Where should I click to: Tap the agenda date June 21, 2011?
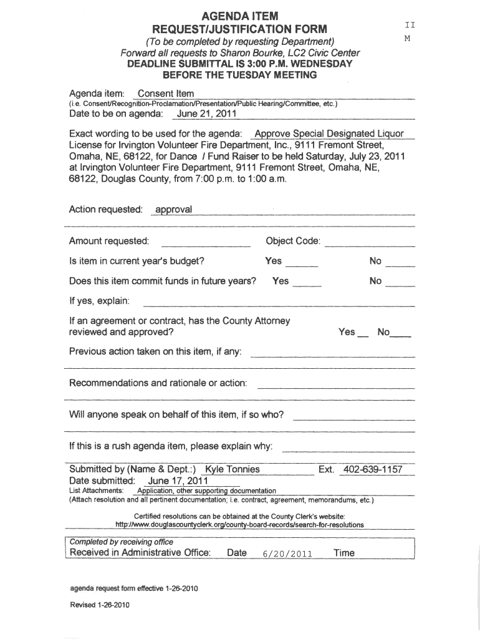click(x=206, y=114)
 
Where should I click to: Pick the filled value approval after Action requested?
click(x=173, y=210)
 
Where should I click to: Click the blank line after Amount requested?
click(x=206, y=243)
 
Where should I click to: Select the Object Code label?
click(x=293, y=241)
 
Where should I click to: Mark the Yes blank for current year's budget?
click(x=305, y=263)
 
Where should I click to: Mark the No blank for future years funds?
click(x=401, y=283)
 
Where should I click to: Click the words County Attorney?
click(x=257, y=321)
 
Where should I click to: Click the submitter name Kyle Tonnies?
click(x=237, y=469)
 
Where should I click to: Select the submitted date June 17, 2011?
click(x=178, y=481)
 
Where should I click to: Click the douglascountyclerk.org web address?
click(x=240, y=525)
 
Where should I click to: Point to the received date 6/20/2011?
click(x=287, y=554)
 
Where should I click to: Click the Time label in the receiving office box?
click(x=344, y=553)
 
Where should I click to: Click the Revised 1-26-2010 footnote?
click(x=100, y=605)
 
